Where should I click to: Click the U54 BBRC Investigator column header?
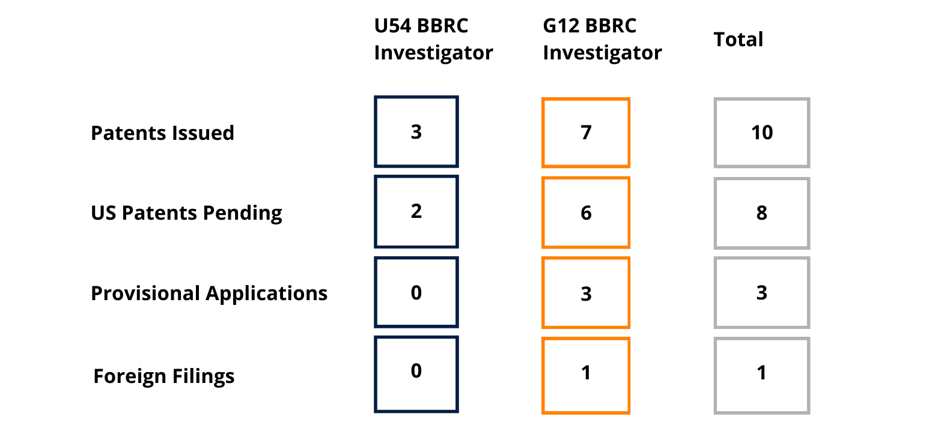433,39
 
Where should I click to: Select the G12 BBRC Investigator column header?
602,39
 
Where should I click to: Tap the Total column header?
739,40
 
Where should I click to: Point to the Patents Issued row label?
162,133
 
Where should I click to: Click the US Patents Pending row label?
186,214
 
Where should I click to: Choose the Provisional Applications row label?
209,294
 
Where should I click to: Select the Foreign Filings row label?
163,376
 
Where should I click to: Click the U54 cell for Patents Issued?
416,131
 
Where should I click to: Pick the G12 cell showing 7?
586,133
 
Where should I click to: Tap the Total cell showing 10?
762,133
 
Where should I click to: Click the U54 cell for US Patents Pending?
416,211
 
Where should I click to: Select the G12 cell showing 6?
586,212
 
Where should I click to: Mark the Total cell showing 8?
762,213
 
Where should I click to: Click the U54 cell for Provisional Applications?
416,292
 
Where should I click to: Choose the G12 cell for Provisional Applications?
586,293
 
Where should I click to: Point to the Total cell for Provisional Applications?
762,293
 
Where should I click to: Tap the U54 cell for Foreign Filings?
416,374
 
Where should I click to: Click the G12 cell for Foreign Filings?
586,376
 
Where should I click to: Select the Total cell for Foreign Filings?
762,376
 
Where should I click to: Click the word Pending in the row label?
242,214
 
